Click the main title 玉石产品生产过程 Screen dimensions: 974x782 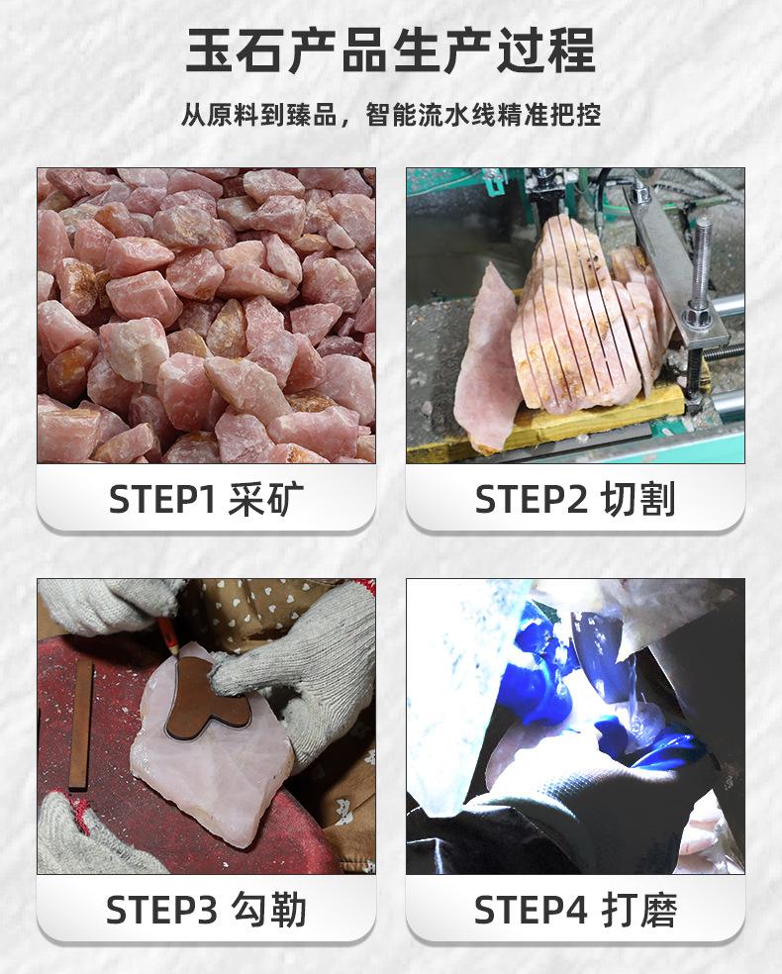click(x=391, y=51)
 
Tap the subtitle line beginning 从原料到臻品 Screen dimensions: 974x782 click(x=391, y=115)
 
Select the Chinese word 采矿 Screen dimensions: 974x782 click(x=261, y=500)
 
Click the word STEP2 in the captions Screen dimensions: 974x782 click(x=532, y=500)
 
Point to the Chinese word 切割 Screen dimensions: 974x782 click(x=638, y=500)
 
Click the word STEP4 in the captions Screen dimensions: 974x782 click(x=531, y=910)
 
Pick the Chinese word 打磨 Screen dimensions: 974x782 click(x=638, y=910)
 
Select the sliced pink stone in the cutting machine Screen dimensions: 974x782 click(x=584, y=317)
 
